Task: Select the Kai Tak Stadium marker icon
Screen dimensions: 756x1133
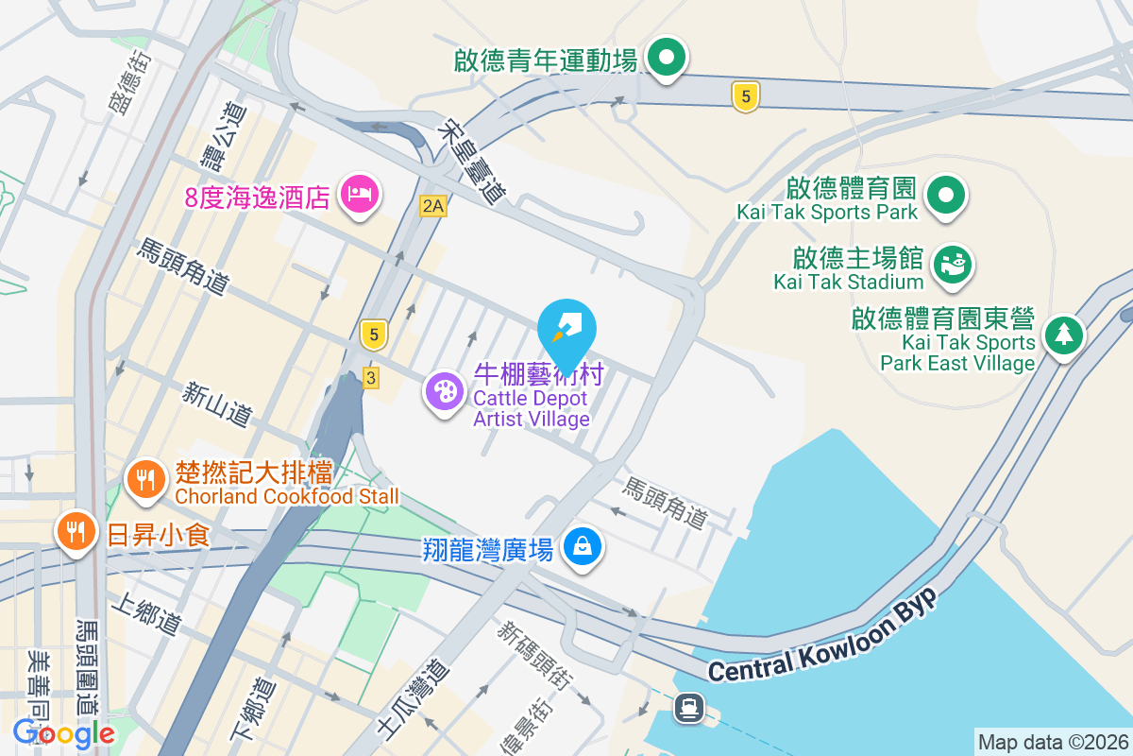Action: (x=952, y=265)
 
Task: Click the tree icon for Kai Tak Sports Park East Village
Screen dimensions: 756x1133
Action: (x=1064, y=335)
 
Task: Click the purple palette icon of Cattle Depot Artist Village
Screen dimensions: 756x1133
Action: (x=445, y=390)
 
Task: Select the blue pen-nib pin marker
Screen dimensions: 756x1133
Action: (x=566, y=327)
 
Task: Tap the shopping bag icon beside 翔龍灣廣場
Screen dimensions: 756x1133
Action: (x=583, y=546)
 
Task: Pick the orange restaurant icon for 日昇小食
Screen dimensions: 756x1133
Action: (x=76, y=531)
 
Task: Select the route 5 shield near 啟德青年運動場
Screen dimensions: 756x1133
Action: (x=745, y=95)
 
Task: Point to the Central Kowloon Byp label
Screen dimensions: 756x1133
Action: (x=822, y=637)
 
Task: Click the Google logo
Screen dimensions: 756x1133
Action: (x=64, y=732)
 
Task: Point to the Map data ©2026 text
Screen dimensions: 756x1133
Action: (x=1052, y=742)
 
